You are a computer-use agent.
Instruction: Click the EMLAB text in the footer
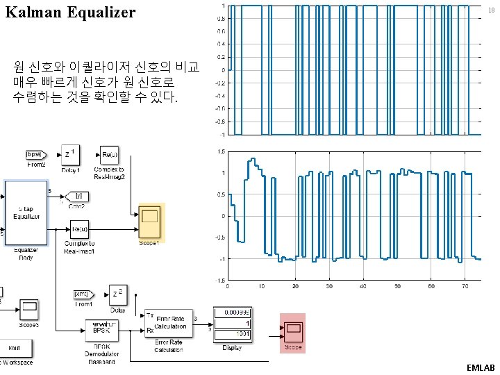click(x=481, y=366)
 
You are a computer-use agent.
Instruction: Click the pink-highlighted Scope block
click(x=292, y=328)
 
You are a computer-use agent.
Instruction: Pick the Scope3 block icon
click(x=28, y=307)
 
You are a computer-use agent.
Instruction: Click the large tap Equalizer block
click(x=27, y=212)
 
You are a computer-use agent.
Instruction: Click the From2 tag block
click(x=35, y=153)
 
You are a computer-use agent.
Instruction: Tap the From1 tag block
click(x=81, y=294)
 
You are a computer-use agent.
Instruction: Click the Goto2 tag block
click(x=78, y=196)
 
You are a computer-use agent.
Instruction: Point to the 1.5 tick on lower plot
click(x=220, y=151)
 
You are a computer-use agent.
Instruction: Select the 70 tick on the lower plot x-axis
click(x=465, y=286)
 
